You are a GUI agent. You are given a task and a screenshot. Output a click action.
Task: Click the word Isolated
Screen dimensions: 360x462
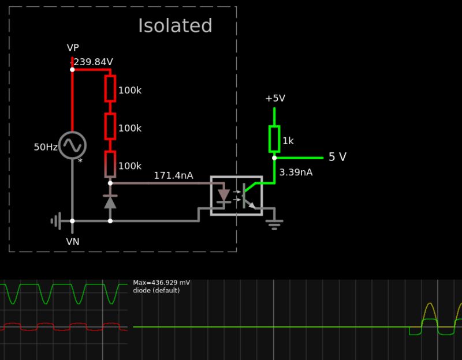(175, 27)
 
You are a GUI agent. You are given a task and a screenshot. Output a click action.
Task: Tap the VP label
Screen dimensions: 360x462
(73, 48)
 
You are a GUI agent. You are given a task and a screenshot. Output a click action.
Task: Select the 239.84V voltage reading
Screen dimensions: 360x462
(93, 62)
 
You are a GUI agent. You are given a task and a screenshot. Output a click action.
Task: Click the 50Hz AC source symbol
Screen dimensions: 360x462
(72, 145)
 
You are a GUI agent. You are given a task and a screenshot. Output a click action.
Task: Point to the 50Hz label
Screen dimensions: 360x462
(45, 147)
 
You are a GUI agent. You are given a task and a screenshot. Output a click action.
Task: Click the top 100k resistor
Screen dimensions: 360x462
(110, 88)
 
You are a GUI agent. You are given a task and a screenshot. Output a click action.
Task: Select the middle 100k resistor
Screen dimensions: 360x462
(110, 126)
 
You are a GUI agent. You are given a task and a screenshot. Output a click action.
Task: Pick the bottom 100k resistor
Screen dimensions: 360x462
(110, 164)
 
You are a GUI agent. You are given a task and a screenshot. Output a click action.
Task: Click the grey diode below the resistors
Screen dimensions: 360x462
(110, 202)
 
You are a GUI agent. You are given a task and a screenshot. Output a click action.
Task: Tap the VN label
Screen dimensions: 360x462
(73, 242)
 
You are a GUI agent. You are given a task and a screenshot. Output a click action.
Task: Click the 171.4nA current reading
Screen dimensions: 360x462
(173, 176)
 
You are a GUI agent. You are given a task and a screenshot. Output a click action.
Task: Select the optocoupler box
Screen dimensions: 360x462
(236, 196)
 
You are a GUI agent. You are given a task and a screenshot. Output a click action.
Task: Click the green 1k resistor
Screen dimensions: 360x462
(274, 138)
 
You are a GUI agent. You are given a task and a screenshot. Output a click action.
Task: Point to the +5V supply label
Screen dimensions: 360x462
(275, 99)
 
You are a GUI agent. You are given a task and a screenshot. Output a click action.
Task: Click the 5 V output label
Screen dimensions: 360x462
(337, 157)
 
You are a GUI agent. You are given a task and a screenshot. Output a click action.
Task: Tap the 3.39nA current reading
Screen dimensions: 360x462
(296, 172)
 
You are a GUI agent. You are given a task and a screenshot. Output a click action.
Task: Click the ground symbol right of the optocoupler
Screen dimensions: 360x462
(274, 224)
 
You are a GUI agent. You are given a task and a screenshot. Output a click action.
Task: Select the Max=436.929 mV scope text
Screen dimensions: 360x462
(161, 283)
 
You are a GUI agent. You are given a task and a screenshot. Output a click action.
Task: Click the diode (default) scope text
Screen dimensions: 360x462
(156, 291)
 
